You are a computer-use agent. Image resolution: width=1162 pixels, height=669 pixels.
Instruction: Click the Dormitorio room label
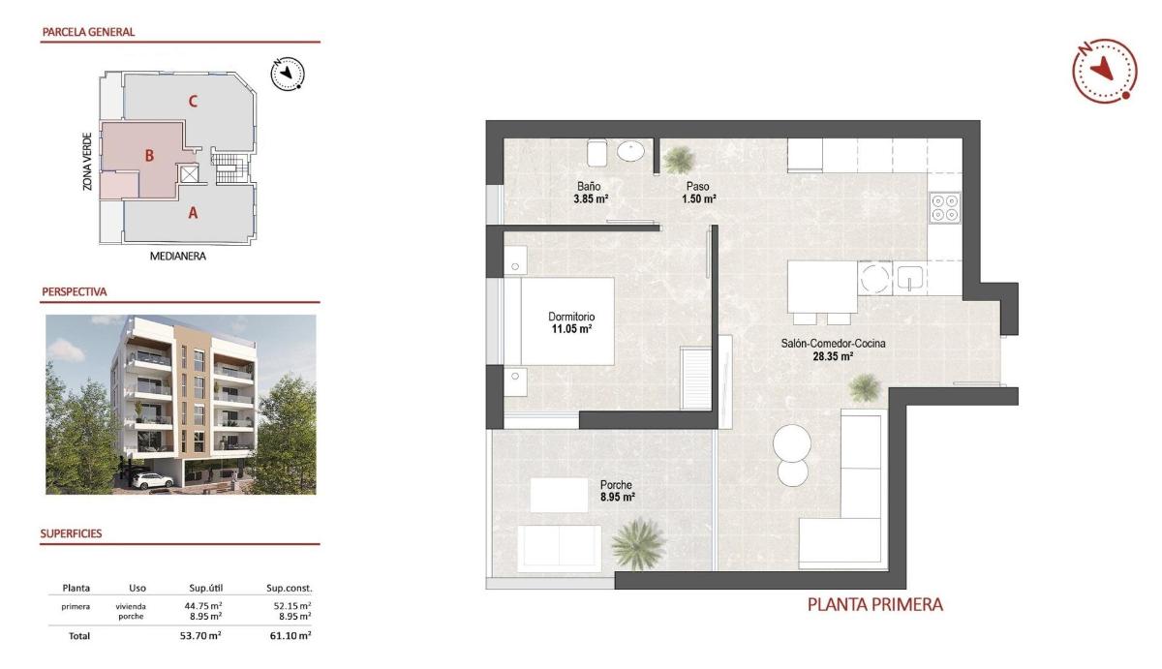pos(570,317)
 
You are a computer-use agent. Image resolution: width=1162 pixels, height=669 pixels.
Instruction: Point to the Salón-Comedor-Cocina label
pos(833,343)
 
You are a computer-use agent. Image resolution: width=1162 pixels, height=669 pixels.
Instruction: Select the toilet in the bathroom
pos(596,153)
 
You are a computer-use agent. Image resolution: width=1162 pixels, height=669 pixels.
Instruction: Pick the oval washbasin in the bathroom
pos(631,152)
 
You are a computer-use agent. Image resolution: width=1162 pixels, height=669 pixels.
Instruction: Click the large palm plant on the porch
pos(639,543)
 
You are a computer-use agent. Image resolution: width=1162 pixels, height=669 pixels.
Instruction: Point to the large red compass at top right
pos(1103,70)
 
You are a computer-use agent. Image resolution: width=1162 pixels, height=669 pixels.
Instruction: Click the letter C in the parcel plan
pos(194,100)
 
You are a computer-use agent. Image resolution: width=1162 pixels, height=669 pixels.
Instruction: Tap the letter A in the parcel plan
pos(193,214)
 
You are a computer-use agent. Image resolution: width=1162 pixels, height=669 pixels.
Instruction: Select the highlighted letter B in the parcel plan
pos(149,155)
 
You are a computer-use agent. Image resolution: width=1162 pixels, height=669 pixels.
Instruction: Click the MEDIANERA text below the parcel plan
pos(178,258)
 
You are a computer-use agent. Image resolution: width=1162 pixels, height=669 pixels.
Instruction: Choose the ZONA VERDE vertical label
pos(87,161)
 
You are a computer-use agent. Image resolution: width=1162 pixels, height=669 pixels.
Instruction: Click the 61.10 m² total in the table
pos(290,636)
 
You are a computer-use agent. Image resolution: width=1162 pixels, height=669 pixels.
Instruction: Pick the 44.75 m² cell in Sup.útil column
pos(204,606)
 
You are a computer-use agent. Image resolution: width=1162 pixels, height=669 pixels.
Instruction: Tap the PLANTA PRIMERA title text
pos(875,605)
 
